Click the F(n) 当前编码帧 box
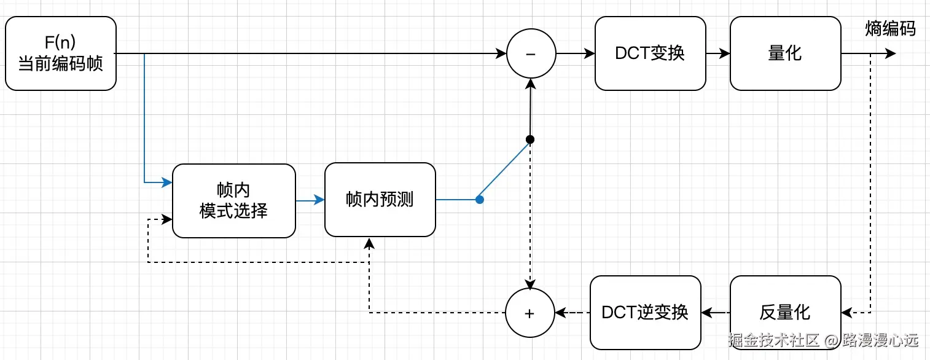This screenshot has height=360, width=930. [60, 53]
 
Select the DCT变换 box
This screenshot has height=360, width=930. [650, 53]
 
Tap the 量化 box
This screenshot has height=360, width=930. [785, 53]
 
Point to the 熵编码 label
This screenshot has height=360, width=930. [890, 28]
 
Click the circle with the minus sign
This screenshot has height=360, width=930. [531, 53]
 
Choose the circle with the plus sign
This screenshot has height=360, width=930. [529, 313]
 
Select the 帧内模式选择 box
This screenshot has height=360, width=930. [233, 200]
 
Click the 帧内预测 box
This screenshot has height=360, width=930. [380, 200]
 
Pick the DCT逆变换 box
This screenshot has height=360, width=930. [645, 313]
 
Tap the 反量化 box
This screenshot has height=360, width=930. [785, 313]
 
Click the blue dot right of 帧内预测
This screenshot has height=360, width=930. [480, 200]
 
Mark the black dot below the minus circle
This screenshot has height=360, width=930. [530, 139]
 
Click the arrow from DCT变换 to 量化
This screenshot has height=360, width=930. [717, 53]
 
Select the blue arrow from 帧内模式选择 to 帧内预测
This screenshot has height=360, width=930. [310, 200]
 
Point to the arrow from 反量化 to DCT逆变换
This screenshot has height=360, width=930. [716, 313]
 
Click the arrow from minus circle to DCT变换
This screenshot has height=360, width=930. [576, 53]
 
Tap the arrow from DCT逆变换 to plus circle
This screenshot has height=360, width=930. [572, 313]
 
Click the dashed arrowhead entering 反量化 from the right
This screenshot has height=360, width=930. [847, 313]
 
